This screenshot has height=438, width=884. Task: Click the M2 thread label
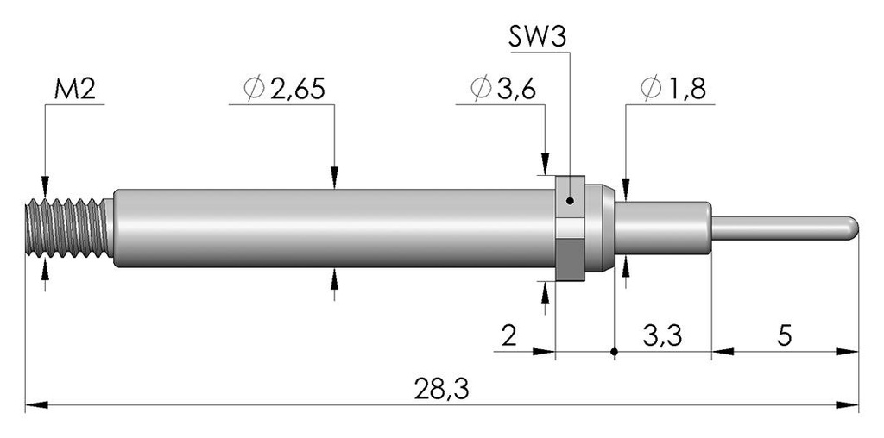74,89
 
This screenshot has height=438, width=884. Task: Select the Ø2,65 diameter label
285,89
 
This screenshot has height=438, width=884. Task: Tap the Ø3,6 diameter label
502,89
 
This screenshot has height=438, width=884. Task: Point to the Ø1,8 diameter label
673,89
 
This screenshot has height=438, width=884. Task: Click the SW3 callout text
537,38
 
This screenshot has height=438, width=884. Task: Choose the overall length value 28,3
441,389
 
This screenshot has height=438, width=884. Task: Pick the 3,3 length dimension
662,336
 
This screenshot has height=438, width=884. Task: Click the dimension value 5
785,336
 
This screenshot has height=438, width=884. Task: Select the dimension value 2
509,336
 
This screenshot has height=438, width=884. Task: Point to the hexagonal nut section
570,228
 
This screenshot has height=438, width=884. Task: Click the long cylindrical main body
334,228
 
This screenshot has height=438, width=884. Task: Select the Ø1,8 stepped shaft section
662,228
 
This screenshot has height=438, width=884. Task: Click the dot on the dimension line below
614,352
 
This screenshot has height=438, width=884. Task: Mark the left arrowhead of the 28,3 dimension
36,404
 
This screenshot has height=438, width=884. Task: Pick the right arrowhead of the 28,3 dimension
848,404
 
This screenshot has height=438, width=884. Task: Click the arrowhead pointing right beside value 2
544,352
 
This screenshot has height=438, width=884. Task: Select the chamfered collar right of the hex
600,228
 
